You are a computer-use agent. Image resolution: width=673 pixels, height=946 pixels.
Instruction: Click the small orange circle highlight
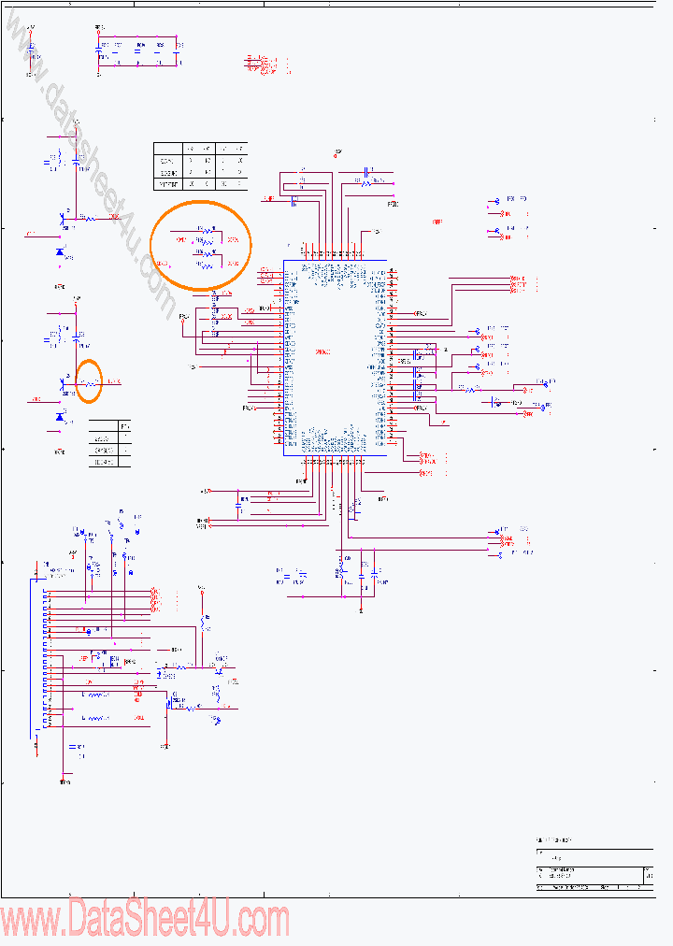click(89, 381)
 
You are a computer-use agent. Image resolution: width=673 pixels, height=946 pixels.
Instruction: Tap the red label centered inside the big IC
click(323, 351)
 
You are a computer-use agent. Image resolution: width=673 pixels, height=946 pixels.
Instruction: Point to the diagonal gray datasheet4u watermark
click(93, 159)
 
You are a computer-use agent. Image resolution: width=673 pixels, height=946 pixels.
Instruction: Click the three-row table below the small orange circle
click(109, 443)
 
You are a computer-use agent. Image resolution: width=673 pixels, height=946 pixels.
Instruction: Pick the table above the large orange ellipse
click(200, 166)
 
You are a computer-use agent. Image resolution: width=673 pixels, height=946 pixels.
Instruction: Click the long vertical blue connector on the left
click(42, 654)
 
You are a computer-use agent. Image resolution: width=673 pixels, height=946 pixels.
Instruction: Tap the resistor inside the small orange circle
click(90, 382)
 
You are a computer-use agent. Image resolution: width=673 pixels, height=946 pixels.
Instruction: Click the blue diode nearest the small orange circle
click(61, 417)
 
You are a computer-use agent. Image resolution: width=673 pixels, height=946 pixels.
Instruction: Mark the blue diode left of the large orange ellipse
click(61, 252)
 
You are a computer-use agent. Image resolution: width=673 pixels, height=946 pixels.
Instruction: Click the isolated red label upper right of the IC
click(437, 222)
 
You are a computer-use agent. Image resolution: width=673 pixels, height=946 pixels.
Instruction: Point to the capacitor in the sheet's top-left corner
click(32, 50)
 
